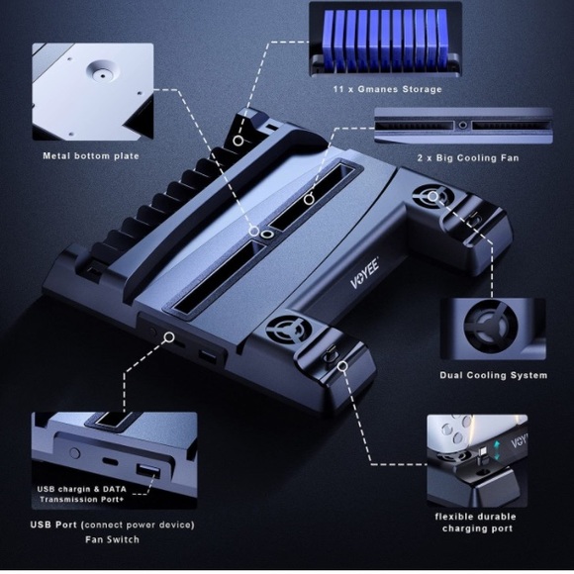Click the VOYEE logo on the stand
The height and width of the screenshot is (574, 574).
click(x=364, y=273)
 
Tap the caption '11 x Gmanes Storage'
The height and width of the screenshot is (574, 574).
click(x=387, y=89)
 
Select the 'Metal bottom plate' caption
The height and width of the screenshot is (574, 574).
click(x=91, y=156)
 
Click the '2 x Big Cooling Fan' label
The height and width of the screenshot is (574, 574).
click(x=468, y=158)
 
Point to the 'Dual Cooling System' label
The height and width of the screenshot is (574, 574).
click(x=494, y=375)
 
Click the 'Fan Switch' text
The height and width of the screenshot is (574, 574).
click(x=113, y=539)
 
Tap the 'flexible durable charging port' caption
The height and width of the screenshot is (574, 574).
click(x=475, y=523)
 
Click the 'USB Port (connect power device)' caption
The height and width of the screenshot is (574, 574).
click(x=113, y=525)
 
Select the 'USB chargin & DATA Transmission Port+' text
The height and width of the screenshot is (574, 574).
click(x=81, y=494)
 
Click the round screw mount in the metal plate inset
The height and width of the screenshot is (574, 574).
click(x=102, y=71)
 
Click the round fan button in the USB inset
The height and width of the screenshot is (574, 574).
click(x=74, y=453)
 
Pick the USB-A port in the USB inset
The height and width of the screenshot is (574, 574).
click(x=147, y=471)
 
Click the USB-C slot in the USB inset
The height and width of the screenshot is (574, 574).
click(x=110, y=461)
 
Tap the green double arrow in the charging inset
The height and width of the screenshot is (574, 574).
click(x=497, y=451)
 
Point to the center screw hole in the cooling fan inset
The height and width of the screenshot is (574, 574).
click(x=463, y=126)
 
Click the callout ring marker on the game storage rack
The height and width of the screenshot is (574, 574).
click(x=239, y=141)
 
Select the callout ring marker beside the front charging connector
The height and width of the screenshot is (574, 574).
click(x=342, y=366)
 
